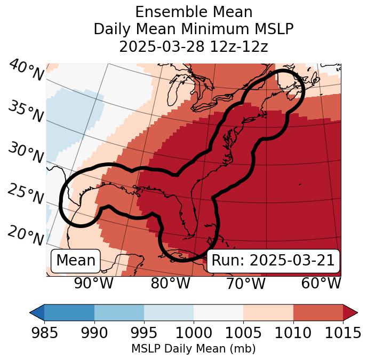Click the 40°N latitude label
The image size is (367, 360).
coord(26,71)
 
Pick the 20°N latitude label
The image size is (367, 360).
coord(25,235)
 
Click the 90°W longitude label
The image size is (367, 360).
coord(93,284)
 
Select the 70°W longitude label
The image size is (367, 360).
coord(246,284)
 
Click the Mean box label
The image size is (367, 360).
coord(76,261)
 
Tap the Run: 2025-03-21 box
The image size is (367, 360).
coord(273,261)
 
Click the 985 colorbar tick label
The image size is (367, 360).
coord(44,333)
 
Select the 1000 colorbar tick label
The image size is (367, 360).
coord(194,333)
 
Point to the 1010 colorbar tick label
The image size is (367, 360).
coord(293,333)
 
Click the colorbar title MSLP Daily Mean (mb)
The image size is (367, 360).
coord(193,349)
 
